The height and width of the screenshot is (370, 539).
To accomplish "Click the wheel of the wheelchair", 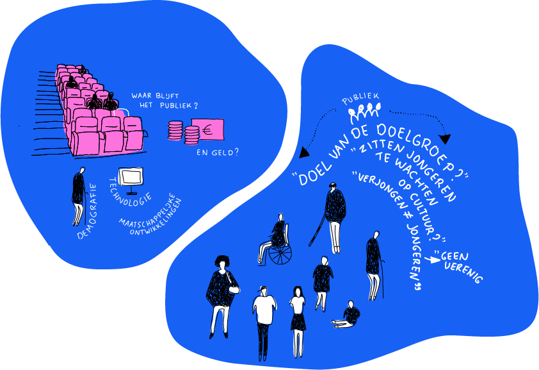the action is [x=280, y=254].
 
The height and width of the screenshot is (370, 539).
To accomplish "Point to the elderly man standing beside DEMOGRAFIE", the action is [x=79, y=195].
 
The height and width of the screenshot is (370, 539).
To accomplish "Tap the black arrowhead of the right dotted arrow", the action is [x=446, y=139].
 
